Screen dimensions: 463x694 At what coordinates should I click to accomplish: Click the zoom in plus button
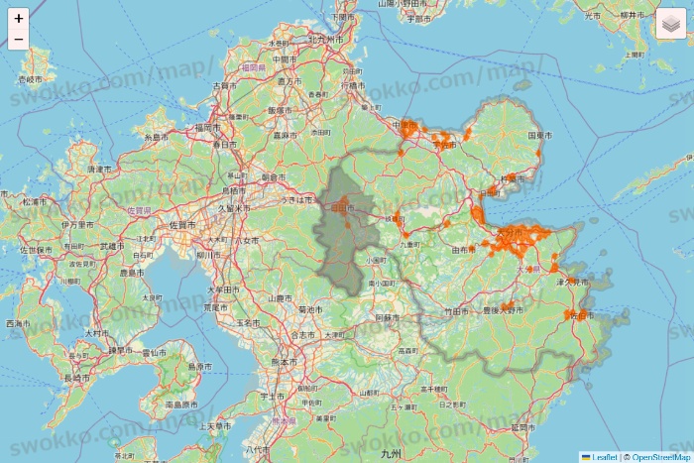point(18,18)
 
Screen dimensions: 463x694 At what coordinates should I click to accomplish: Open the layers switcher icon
point(670,24)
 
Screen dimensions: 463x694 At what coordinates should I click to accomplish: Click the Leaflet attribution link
point(604,457)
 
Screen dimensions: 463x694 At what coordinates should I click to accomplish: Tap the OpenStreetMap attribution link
point(660,457)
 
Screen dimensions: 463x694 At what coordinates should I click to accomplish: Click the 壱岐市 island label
point(32,78)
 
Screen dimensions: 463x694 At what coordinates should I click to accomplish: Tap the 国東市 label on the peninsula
point(539,134)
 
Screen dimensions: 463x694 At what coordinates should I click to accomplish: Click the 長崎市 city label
point(77,378)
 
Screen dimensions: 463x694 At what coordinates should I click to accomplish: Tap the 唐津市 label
point(99,170)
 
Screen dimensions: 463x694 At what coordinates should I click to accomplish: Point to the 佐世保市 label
point(38,250)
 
